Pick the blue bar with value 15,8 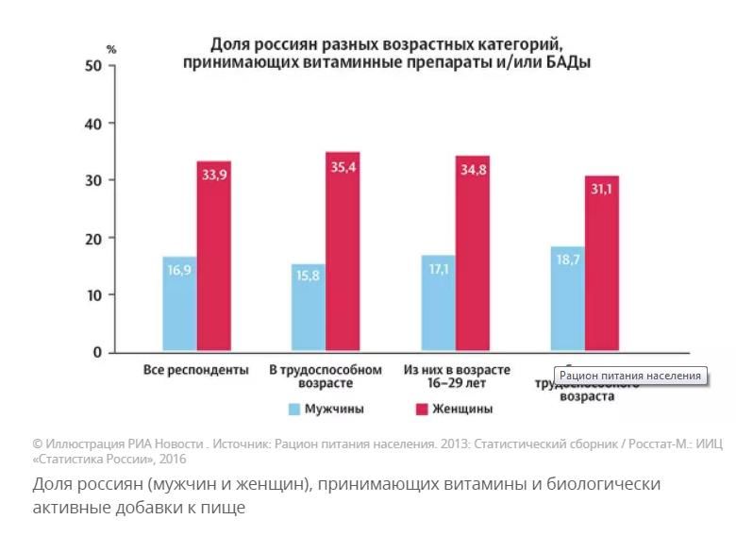(309, 308)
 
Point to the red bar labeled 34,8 (473, 254)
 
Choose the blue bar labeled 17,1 (438, 303)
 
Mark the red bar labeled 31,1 (602, 264)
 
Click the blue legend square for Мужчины (294, 410)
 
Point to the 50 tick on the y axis (92, 66)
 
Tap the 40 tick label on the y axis (92, 124)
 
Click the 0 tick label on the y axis (96, 353)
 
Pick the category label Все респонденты (195, 370)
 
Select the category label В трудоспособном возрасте (325, 377)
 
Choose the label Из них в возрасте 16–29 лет (456, 377)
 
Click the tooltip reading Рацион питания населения (630, 376)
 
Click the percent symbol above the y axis (110, 49)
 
